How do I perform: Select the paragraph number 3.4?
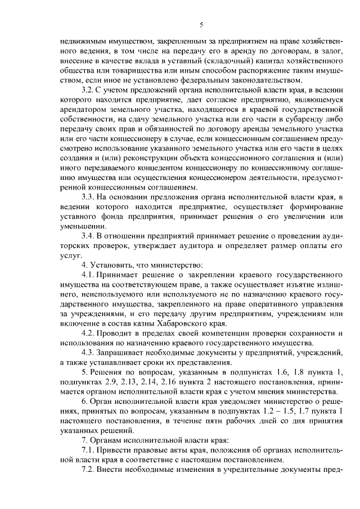tap(88, 234)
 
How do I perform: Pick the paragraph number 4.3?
tap(88, 350)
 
